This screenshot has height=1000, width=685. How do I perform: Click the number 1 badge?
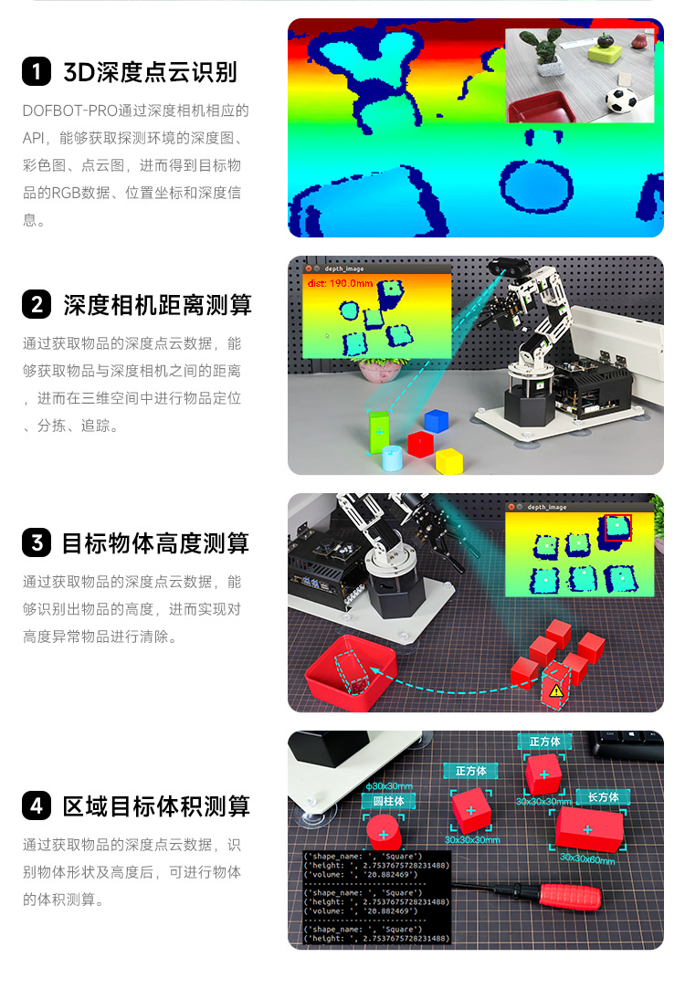click(x=36, y=71)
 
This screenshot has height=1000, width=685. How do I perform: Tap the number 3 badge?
click(x=36, y=543)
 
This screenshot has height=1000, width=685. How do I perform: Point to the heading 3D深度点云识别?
click(x=150, y=71)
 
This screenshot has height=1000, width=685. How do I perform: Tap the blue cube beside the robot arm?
click(x=437, y=419)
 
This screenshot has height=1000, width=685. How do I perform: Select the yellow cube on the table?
click(x=449, y=460)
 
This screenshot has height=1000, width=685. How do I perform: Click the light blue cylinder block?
click(x=392, y=458)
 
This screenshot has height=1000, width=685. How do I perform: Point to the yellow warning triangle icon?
click(x=555, y=690)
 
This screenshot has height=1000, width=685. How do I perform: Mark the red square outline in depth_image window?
click(x=617, y=527)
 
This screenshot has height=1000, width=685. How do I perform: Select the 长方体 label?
click(x=603, y=797)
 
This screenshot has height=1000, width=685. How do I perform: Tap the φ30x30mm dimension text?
click(x=389, y=785)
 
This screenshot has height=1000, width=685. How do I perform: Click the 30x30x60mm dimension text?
click(x=587, y=858)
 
